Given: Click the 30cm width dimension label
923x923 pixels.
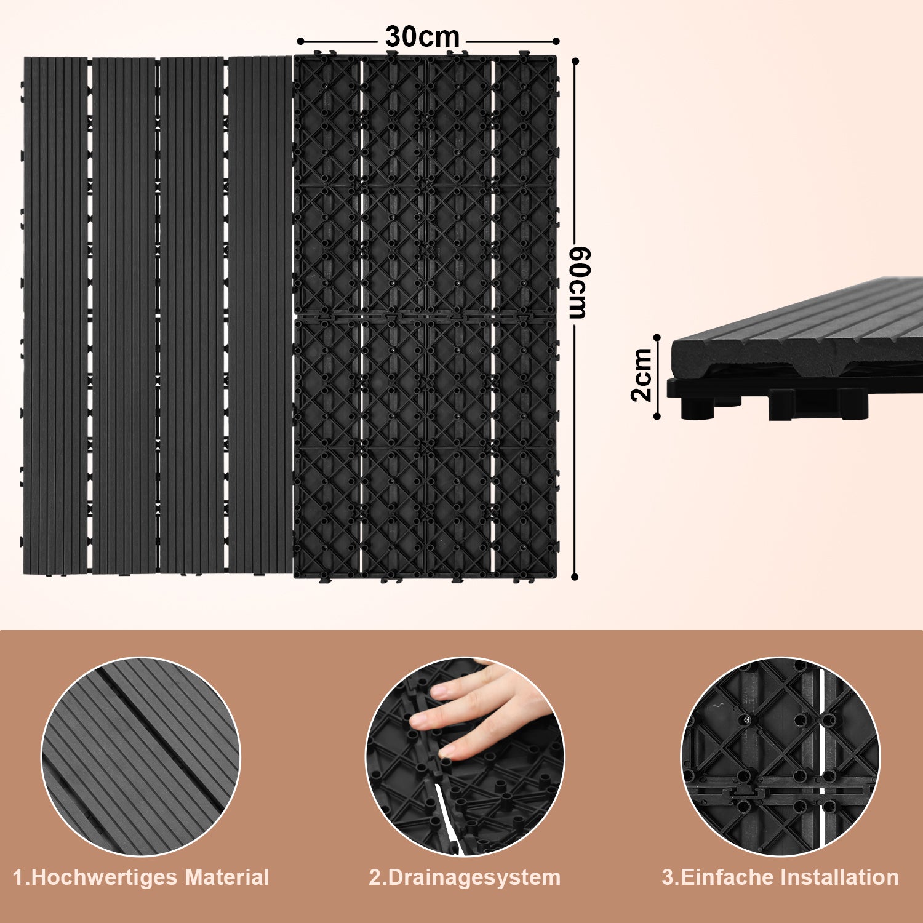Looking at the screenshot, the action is click(422, 37).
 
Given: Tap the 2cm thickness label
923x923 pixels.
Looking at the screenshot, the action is click(642, 375).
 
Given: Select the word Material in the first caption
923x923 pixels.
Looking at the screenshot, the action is click(228, 877).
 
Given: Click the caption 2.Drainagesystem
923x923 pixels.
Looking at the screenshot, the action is click(465, 877).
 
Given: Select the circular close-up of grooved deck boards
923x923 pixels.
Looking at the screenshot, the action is click(141, 757).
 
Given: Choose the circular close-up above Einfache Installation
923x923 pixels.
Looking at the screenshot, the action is click(781, 757).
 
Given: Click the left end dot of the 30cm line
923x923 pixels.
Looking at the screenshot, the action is click(300, 41).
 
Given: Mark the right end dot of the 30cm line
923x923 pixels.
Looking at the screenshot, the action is click(556, 41).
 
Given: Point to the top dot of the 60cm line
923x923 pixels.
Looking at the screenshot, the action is click(575, 61).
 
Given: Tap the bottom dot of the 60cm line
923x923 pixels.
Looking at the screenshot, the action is click(575, 577).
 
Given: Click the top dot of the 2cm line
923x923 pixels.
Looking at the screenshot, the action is click(657, 337).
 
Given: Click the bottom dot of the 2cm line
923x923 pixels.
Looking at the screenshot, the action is click(657, 417).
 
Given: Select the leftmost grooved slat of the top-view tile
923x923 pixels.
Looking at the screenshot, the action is click(55, 316).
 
